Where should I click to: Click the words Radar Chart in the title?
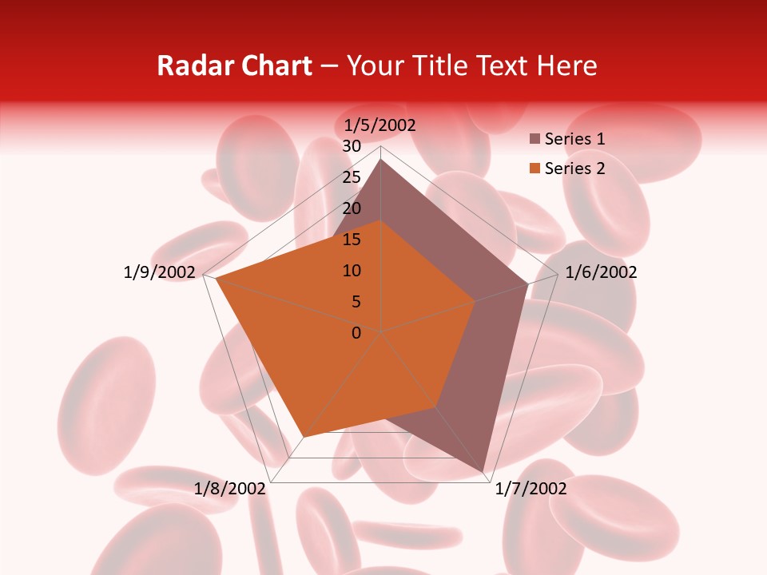point(234,66)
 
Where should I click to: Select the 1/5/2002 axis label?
point(380,125)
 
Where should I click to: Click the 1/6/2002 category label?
point(601,272)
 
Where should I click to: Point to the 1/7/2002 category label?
point(531,489)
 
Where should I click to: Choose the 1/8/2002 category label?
point(230,489)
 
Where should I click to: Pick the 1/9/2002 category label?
point(160,272)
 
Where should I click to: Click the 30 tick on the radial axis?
point(352,146)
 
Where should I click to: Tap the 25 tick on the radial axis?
point(352,177)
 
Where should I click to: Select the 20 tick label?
point(352,208)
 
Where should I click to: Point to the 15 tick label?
point(352,240)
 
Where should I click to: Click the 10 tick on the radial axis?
point(352,271)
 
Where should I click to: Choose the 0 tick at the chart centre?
point(356,333)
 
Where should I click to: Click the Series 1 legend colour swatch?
point(535,139)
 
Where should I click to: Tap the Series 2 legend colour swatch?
point(535,169)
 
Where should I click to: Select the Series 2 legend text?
point(574,169)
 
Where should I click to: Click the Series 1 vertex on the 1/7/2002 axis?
point(484,472)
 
